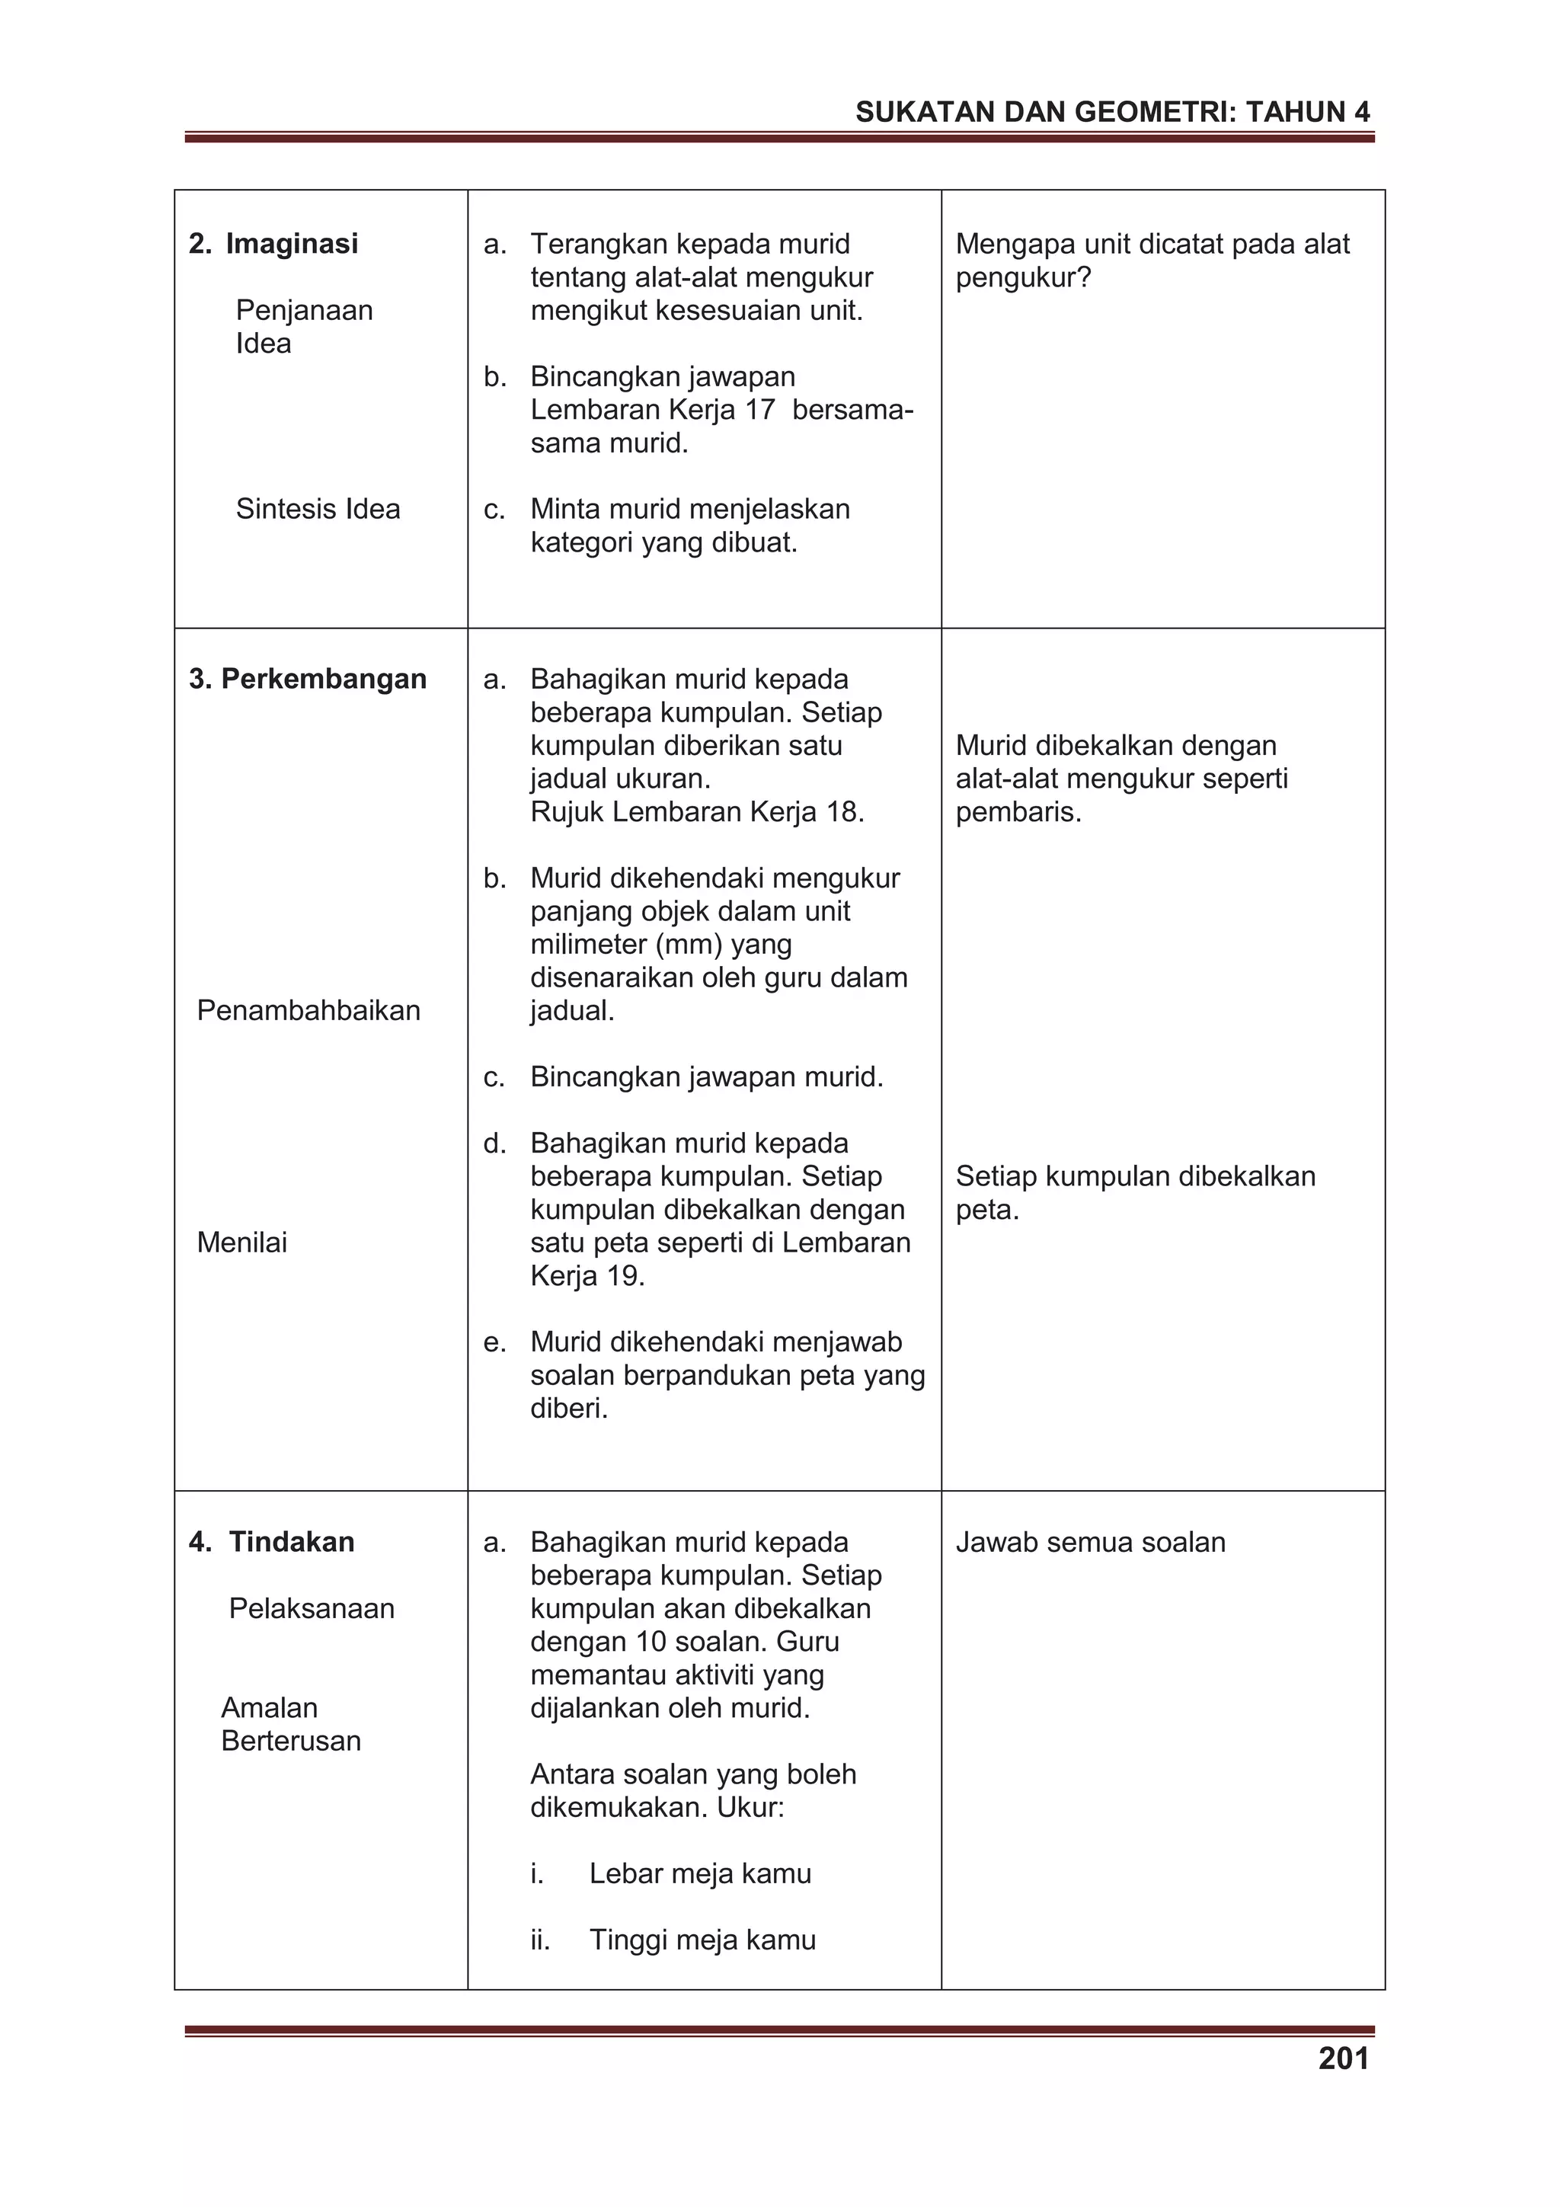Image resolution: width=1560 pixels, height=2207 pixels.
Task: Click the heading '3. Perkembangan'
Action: tap(308, 679)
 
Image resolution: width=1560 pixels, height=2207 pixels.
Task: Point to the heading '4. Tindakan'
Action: tap(272, 1542)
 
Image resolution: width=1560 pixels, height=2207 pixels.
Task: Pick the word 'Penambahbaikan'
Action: tap(308, 1010)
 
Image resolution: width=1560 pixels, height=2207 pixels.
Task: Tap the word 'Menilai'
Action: tap(241, 1242)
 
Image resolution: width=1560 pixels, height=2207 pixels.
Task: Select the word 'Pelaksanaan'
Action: tap(312, 1608)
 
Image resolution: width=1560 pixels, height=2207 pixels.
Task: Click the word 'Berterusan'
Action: tap(290, 1741)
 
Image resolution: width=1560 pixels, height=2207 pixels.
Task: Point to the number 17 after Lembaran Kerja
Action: tap(759, 411)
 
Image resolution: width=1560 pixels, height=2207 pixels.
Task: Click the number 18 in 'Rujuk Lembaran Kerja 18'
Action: tap(842, 812)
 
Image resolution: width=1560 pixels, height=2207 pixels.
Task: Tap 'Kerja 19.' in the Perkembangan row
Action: tap(587, 1275)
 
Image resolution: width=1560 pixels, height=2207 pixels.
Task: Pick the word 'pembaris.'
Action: tap(1018, 812)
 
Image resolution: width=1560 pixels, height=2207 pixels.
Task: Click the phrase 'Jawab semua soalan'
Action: tap(1090, 1542)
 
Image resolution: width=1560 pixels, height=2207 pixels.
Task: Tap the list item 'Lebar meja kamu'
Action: tap(700, 1873)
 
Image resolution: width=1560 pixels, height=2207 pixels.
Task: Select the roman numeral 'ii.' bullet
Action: tap(540, 1940)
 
